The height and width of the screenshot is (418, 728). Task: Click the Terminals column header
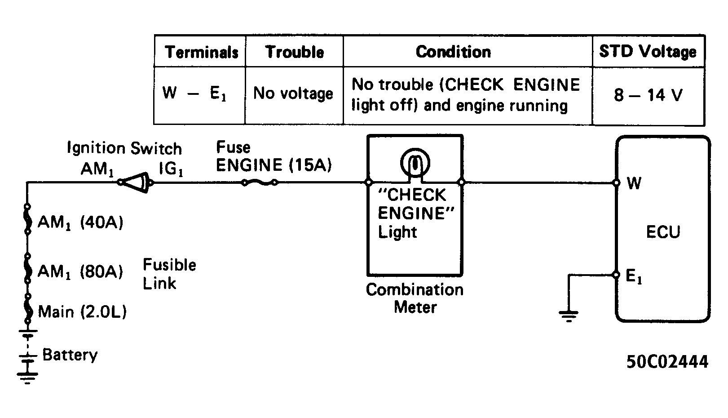202,52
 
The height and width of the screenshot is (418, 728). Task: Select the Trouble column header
295,52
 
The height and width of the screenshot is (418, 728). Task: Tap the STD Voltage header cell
648,51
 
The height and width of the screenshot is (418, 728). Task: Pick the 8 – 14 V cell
648,95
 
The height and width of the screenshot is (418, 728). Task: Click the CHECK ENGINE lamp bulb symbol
415,162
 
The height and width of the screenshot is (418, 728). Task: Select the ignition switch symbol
135,182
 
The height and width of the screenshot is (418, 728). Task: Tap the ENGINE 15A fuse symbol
260,182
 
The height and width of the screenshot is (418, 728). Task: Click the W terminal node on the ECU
616,182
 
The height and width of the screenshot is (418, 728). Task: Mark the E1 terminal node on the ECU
616,275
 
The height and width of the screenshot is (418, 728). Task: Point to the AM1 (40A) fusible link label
80,223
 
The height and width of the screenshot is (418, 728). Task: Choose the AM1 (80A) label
80,271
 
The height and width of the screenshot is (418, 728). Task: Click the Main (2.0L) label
82,311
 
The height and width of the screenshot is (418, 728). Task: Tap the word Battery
70,355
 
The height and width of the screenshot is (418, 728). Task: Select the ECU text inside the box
663,232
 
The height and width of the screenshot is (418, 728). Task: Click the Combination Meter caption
415,298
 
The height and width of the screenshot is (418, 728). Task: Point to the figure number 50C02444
667,362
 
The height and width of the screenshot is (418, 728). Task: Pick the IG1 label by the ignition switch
171,169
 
